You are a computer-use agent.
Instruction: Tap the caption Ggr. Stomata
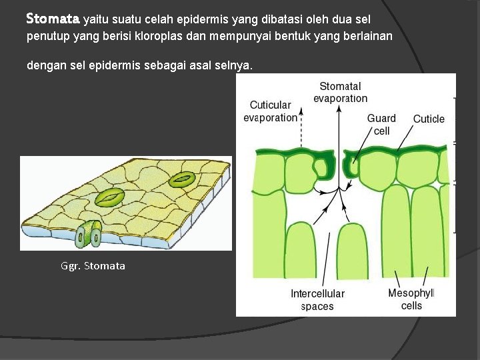[93, 266]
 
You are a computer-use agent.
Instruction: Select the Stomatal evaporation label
[340, 92]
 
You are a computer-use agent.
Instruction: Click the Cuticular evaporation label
[270, 111]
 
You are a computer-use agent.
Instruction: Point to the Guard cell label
[381, 125]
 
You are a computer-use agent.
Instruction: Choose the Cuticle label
[429, 119]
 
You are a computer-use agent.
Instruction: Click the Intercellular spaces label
[317, 300]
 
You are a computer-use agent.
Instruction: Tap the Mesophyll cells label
[411, 299]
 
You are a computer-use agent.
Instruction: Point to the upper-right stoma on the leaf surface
[181, 179]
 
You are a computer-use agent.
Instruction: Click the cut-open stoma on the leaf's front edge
[89, 234]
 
